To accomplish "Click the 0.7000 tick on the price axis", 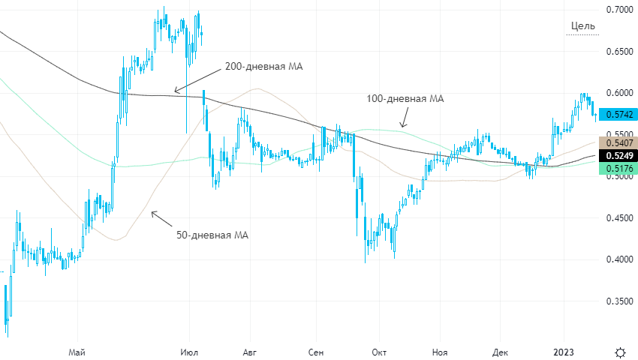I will [618, 10].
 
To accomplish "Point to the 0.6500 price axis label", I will [618, 52].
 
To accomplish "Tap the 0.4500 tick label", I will [618, 218].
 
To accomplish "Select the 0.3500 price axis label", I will [618, 301].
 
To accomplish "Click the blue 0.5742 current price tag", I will [618, 115].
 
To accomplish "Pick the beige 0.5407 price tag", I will [618, 142].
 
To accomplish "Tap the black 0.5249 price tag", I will [618, 156].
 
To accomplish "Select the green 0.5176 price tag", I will [618, 169].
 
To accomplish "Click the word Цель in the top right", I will [582, 26].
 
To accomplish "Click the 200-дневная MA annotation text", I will [264, 67].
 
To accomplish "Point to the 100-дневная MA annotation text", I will [405, 98].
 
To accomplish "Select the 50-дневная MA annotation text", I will [212, 235].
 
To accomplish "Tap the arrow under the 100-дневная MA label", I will [404, 118].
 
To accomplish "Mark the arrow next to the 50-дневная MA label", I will [161, 218].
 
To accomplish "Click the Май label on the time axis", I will [76, 351].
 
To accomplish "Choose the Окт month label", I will [378, 351].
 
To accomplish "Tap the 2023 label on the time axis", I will [564, 351].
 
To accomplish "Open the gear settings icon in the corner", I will [620, 352].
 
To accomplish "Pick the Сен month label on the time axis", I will [315, 351].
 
